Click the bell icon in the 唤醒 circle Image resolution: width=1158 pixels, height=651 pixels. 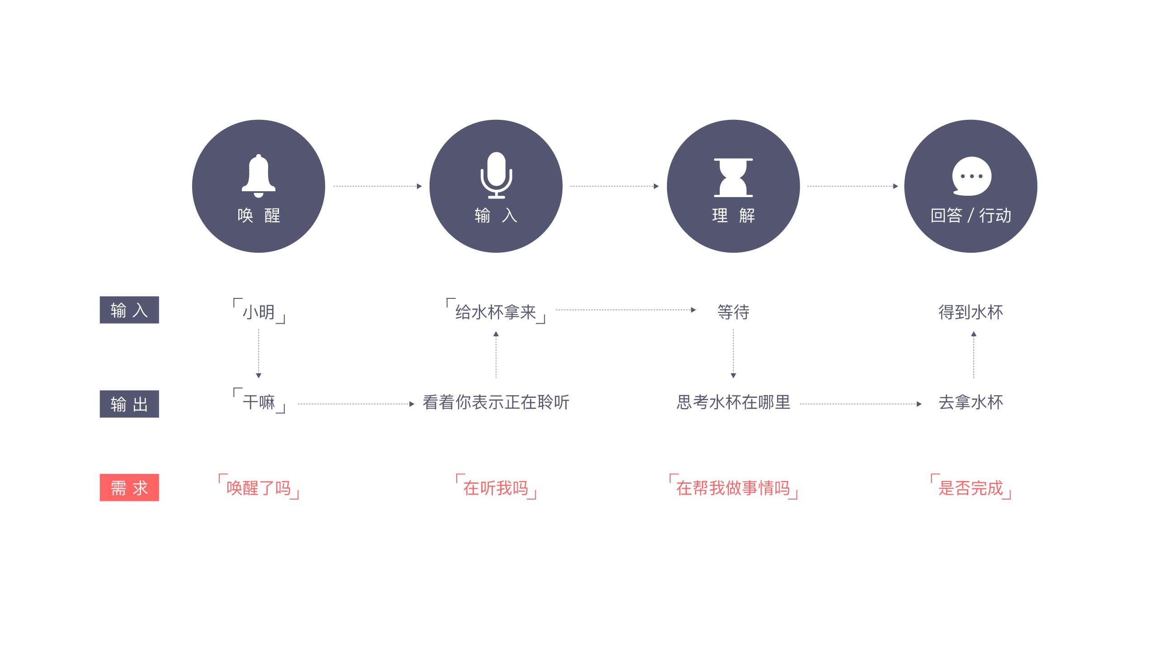point(259,176)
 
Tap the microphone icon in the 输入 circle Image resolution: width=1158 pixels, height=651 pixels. point(496,175)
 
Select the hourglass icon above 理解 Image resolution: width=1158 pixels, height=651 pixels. point(733,177)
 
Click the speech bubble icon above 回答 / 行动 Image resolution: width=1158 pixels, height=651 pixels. point(971,176)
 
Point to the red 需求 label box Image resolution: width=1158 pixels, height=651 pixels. point(129,487)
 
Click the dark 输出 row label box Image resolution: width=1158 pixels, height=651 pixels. point(129,404)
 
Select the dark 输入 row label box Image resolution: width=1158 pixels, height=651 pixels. point(129,310)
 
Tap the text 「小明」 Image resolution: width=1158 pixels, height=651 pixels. point(259,311)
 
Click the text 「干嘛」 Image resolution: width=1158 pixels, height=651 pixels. point(259,401)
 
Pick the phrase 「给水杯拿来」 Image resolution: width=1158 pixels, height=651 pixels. point(496,311)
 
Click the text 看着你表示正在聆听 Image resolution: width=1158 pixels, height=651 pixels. point(496,402)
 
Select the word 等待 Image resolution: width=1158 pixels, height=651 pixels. point(733,312)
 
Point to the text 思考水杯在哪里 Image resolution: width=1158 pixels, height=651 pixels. point(733,402)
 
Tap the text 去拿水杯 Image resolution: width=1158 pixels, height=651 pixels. point(971,402)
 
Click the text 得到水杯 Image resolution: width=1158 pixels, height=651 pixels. point(971,312)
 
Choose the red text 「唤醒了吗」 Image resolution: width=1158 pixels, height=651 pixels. point(259,487)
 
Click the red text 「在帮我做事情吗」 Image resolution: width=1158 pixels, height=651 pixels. point(733,487)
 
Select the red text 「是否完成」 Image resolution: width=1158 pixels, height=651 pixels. point(971,487)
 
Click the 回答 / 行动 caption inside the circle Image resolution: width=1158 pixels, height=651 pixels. point(971,215)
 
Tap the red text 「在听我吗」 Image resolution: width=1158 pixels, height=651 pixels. point(496,487)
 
